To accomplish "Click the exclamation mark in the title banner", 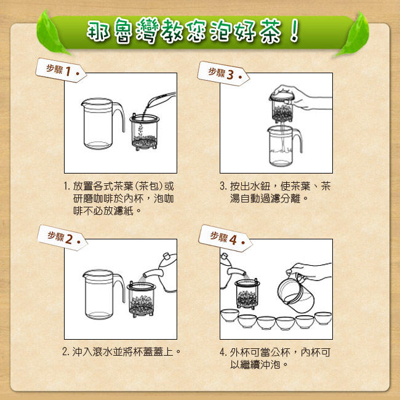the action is click(x=294, y=31).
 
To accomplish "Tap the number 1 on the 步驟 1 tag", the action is click(x=68, y=71).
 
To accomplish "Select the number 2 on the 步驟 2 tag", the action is click(x=69, y=239).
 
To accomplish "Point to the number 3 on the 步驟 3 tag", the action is click(x=230, y=74).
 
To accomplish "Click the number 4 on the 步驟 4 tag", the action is click(x=233, y=240).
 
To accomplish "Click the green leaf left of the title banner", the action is click(x=51, y=33).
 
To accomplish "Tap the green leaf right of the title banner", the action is click(x=354, y=34).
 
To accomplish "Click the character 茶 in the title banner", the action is click(x=270, y=31).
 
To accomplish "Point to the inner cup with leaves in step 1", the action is click(x=145, y=132).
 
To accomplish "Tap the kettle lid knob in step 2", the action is click(x=167, y=256).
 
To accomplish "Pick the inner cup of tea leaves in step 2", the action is click(x=141, y=298).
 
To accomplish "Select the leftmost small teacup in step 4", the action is click(x=230, y=315).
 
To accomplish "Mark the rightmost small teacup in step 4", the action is click(x=323, y=318).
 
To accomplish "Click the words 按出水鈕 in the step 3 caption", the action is click(x=250, y=186).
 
